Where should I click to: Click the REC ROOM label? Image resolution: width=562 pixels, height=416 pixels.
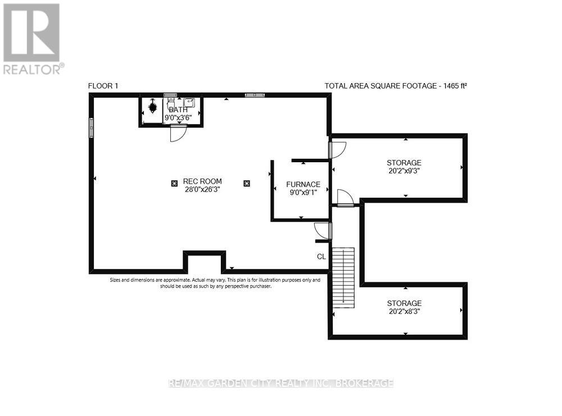coord(202,181)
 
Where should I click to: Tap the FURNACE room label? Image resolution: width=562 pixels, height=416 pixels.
coord(303,184)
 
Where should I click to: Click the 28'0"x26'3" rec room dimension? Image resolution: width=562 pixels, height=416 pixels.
coord(202,190)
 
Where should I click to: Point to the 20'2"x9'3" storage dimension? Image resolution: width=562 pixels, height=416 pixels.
coord(404,171)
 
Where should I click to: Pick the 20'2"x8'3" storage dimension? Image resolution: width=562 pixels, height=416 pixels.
coord(404,311)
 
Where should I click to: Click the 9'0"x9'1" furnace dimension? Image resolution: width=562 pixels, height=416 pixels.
coord(303,193)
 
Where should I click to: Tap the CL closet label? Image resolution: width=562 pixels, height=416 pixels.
coord(321,257)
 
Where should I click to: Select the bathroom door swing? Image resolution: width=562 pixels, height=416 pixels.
coord(177,134)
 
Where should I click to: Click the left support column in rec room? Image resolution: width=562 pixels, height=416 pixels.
coord(174,182)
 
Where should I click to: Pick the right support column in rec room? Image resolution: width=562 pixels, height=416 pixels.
coord(246,182)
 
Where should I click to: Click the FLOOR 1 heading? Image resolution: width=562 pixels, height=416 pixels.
coord(103,86)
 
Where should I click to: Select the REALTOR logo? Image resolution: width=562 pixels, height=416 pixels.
coord(33,38)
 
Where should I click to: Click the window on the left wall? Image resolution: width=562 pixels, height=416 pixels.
coord(90,127)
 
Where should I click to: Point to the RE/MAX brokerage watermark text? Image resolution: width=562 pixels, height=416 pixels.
coord(281,383)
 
